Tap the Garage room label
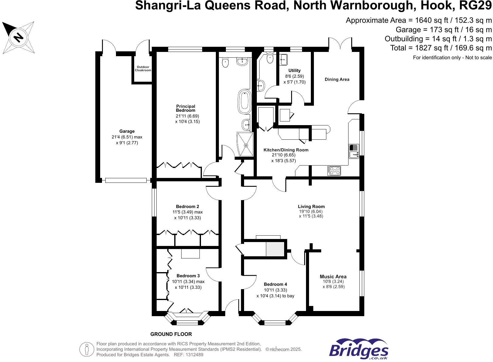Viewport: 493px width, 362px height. coord(127,131)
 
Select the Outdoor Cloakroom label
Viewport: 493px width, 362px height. coord(143,69)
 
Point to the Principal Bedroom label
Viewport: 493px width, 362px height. coord(185,108)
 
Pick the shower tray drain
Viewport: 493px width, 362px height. coord(246,145)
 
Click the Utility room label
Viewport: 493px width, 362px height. coord(294,70)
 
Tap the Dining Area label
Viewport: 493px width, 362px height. coord(337,79)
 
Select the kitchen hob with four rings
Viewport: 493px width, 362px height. coord(334,171)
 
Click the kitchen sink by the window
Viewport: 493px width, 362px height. coord(354,151)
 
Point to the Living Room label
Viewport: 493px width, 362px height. coord(311,207)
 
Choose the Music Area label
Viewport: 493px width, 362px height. coord(333,276)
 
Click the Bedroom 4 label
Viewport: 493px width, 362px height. coord(275,284)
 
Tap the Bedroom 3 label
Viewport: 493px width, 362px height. coord(188,276)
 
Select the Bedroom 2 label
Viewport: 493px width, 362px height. coord(188,207)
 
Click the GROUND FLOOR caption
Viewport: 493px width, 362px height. coord(171,334)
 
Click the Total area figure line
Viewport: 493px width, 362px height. coord(441,48)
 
